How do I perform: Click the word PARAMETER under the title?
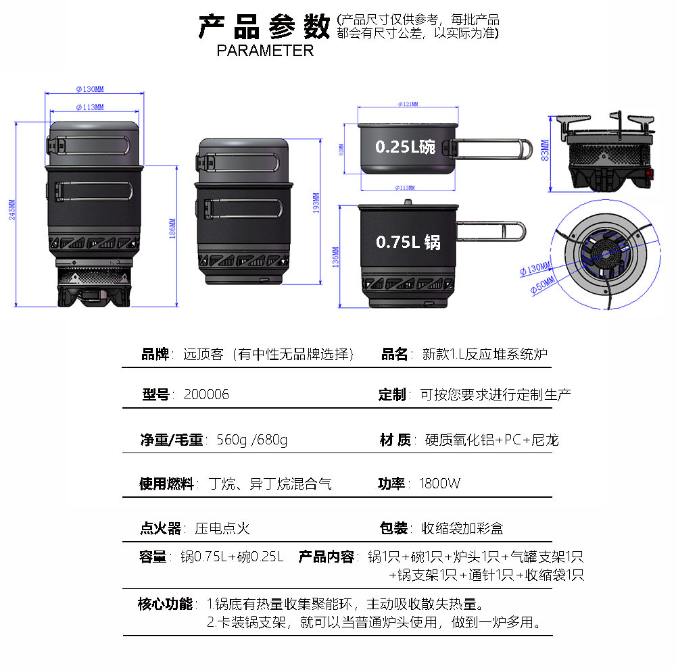[x=265, y=51]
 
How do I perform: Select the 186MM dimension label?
[x=173, y=228]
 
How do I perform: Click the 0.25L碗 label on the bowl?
[x=405, y=147]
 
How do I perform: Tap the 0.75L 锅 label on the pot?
[x=408, y=242]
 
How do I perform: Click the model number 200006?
[x=206, y=395]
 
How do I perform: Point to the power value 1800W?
[x=439, y=484]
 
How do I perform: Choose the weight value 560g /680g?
[x=251, y=441]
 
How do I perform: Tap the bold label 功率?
[x=391, y=484]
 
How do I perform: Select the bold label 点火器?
[x=160, y=528]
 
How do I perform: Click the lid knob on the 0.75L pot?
[x=408, y=201]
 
